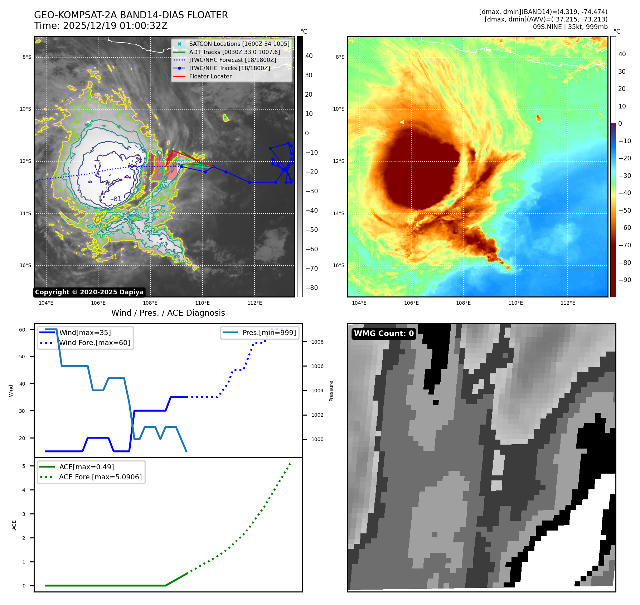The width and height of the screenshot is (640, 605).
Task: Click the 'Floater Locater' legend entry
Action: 210,76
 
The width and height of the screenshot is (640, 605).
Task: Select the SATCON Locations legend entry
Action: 239,44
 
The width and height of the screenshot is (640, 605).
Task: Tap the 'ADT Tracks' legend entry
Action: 234,52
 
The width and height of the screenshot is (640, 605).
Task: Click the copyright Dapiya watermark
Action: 89,292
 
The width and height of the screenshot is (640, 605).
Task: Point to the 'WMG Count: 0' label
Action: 384,334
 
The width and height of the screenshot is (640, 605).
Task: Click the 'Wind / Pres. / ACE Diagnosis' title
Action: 168,313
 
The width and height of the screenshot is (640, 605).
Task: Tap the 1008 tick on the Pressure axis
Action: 317,342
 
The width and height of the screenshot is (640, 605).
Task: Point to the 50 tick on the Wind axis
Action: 22,357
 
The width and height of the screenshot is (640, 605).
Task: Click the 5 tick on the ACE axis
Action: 24,466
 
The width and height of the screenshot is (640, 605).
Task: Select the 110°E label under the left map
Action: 203,303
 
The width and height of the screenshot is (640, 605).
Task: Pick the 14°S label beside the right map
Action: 339,213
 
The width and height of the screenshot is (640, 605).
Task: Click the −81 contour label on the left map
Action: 115,199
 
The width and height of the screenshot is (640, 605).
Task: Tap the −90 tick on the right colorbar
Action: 625,280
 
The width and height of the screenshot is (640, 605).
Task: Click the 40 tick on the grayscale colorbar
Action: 309,56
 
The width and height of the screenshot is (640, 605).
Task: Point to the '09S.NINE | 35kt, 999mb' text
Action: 570,27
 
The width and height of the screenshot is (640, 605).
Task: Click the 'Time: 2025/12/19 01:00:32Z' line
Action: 101,26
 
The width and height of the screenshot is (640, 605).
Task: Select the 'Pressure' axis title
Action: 331,391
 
